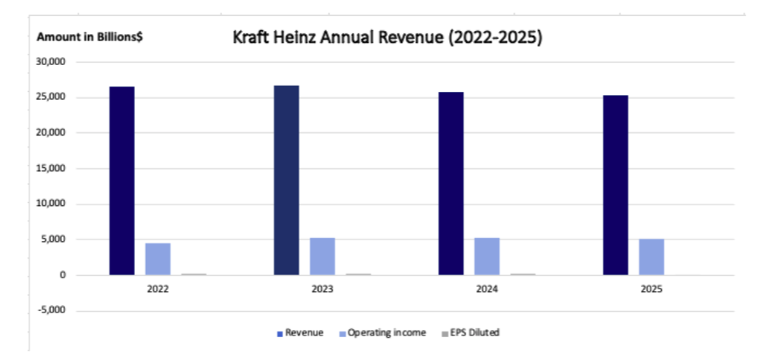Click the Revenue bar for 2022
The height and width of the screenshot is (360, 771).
tap(122, 181)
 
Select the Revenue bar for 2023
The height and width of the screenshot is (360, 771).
tap(286, 180)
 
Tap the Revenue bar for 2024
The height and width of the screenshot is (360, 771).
tap(451, 183)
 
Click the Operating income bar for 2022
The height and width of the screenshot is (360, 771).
tap(158, 259)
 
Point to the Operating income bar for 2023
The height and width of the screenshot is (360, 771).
tap(322, 256)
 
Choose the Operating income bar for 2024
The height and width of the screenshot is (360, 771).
tap(487, 256)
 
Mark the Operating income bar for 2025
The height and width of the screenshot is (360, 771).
tap(651, 257)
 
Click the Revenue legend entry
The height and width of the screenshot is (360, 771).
tap(301, 332)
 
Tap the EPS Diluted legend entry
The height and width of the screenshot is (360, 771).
tap(471, 332)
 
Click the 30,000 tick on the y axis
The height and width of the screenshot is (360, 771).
tap(56, 62)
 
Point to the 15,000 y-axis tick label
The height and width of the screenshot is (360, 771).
tap(56, 169)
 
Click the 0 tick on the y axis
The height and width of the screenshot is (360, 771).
tap(67, 275)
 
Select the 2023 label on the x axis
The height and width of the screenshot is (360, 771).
tap(322, 290)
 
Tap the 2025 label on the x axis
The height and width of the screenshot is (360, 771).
tap(651, 290)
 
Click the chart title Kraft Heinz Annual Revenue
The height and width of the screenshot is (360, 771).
tap(387, 37)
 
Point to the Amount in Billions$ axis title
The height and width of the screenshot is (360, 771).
tap(90, 37)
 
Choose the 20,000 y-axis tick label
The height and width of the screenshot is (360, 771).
tap(56, 133)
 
